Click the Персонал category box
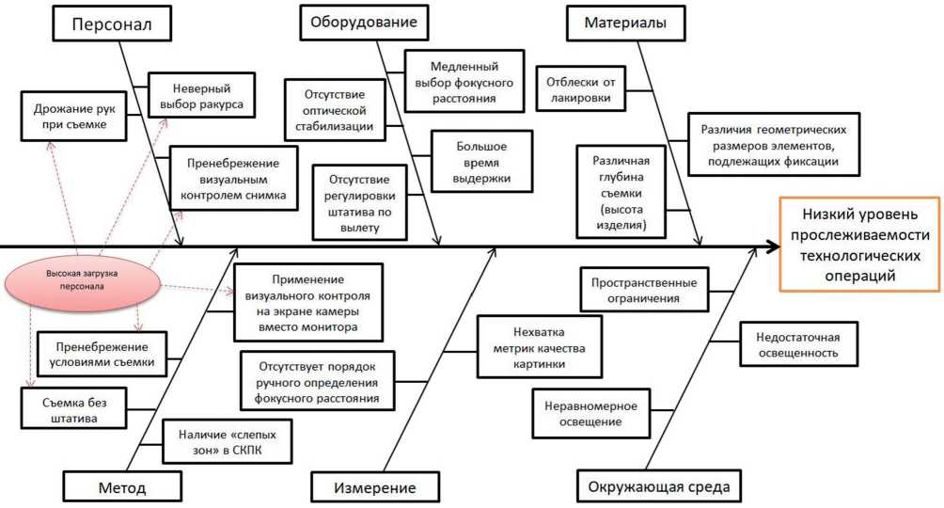[111, 24]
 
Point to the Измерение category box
[375, 487]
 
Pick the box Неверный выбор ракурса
[201, 94]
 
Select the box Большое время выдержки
[481, 163]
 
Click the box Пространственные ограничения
[644, 290]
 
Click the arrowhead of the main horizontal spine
[771, 247]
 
